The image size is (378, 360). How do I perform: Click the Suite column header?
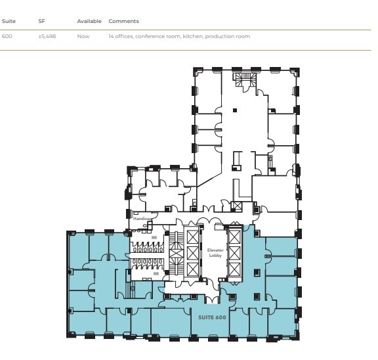9,22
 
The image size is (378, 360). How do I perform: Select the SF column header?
41,22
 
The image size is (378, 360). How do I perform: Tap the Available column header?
89,22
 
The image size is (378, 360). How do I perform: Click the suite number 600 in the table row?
7,36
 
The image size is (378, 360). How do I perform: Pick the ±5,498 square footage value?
47,36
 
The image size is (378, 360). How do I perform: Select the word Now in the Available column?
82,36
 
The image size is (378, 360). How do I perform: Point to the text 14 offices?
121,36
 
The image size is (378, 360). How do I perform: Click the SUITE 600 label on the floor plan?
212,317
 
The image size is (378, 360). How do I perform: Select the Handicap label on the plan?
142,219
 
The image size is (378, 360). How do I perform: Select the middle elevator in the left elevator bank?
192,254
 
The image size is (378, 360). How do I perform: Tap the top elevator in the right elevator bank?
234,236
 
